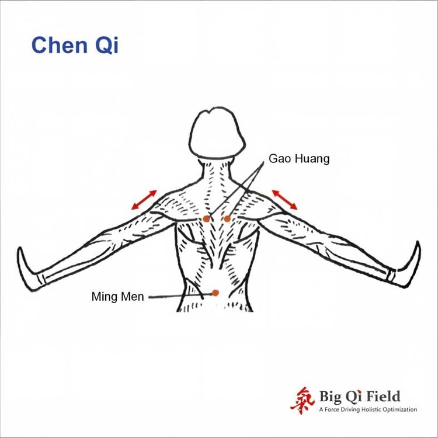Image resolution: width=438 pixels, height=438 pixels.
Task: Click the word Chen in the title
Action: tap(59, 45)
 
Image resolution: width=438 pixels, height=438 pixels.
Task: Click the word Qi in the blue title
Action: tap(107, 45)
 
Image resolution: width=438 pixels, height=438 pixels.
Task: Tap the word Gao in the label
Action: tap(280, 158)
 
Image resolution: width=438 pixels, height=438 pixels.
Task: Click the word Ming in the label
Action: tap(103, 296)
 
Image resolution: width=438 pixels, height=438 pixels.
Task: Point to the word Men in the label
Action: tap(131, 296)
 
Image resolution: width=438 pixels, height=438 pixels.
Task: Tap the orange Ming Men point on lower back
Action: tap(215, 293)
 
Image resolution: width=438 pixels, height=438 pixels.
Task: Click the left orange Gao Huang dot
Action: tap(206, 219)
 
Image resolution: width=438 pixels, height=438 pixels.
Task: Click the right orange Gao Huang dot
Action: tap(227, 219)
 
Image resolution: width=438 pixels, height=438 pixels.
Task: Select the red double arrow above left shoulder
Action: tap(144, 200)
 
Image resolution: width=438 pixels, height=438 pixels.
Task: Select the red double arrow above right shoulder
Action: tap(284, 200)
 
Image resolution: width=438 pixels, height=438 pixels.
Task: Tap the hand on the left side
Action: tap(29, 269)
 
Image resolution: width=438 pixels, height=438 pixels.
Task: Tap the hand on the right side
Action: tap(407, 265)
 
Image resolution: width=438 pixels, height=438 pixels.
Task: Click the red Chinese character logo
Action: tap(303, 400)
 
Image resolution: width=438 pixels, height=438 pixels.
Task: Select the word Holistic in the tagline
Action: tap(371, 409)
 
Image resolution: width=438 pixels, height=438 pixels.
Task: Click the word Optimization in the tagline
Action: tap(399, 410)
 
